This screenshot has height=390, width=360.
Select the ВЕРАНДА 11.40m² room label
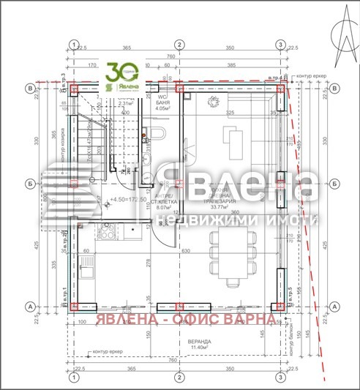point(178,345)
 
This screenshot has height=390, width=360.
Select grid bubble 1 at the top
point(73,45)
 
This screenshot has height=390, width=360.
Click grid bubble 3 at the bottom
point(280,377)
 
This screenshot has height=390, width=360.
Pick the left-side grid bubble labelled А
point(30,307)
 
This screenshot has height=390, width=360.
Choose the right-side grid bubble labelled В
point(336,89)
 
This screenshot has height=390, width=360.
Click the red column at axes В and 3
point(280,89)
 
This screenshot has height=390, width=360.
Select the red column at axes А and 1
point(73,307)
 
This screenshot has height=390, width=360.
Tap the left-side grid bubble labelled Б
point(30,184)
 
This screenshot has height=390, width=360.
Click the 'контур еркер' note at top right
point(314,76)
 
